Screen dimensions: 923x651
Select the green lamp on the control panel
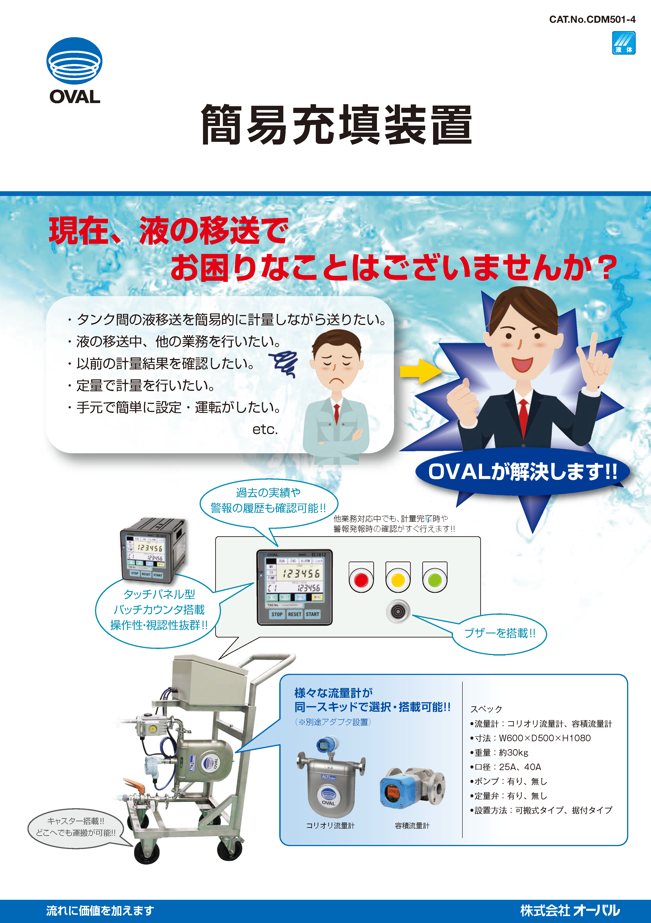point(435,580)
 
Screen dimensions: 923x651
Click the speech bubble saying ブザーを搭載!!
point(499,633)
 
